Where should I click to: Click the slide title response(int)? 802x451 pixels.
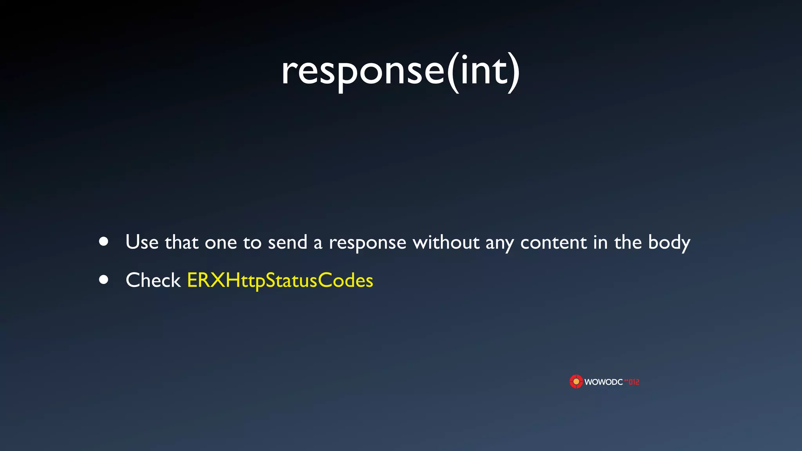[x=401, y=71]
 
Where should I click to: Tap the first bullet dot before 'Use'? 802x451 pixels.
[x=104, y=242]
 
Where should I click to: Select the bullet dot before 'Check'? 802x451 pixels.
[x=104, y=280]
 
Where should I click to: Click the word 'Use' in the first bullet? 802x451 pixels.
[x=142, y=242]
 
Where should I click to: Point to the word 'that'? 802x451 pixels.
[x=181, y=242]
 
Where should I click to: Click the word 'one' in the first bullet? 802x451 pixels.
[x=221, y=243]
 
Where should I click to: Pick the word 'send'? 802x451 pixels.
[x=287, y=242]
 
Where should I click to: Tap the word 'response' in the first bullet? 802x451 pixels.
[x=367, y=243]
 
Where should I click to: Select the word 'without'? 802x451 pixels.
[x=446, y=242]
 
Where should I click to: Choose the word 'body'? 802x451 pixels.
[x=669, y=242]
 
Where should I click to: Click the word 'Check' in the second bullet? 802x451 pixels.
[x=153, y=280]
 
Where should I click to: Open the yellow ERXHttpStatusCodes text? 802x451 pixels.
[x=280, y=280]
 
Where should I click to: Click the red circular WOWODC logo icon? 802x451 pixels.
[x=576, y=381]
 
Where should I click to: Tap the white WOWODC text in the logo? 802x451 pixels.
[x=603, y=382]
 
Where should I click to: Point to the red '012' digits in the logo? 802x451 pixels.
[x=634, y=382]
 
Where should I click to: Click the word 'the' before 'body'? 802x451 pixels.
[x=628, y=242]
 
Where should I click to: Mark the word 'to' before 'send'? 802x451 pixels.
[x=252, y=243]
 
